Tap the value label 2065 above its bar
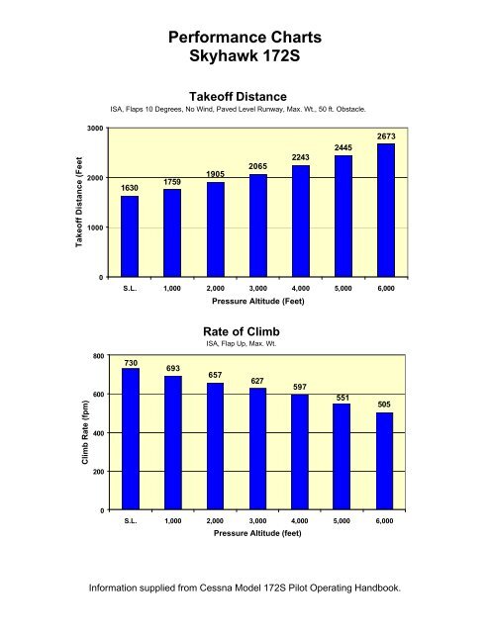click(x=258, y=165)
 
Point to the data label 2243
click(x=301, y=156)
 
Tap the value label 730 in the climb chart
click(x=130, y=363)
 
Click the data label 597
click(x=301, y=387)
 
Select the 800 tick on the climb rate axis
click(x=97, y=355)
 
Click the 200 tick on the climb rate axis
click(x=97, y=472)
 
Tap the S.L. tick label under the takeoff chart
click(x=130, y=289)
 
